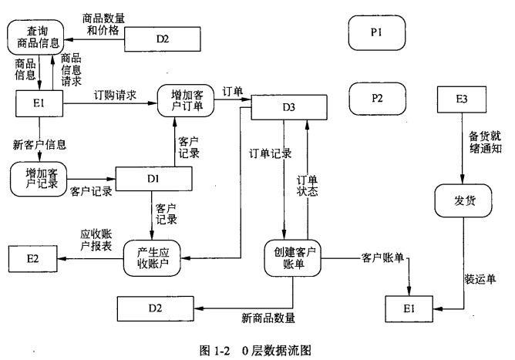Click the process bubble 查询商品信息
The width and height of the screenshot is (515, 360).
[35, 35]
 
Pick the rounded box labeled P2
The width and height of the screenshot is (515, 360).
[376, 98]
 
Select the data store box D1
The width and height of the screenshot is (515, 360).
[153, 179]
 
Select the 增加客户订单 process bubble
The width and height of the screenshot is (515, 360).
[184, 99]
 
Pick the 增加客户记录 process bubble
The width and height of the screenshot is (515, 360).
[35, 179]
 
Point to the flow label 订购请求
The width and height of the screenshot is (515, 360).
[115, 95]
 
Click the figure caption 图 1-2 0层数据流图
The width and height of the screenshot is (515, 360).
[257, 349]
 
